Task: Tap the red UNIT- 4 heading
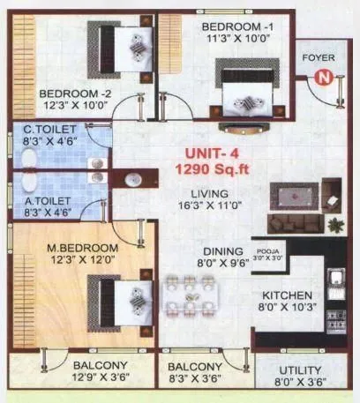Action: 202,152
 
